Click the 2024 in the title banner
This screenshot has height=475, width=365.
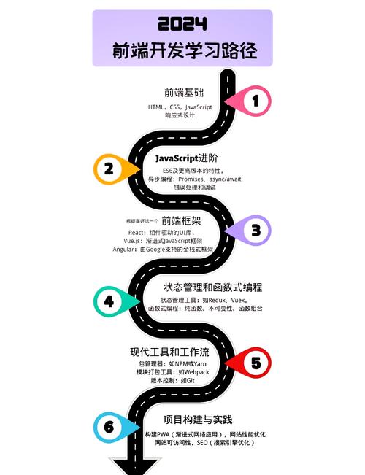pyautogui.click(x=182, y=23)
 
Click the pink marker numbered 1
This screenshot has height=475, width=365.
pyautogui.click(x=249, y=101)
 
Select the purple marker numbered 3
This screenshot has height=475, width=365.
pyautogui.click(x=248, y=231)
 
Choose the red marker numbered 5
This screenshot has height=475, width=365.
pyautogui.click(x=248, y=363)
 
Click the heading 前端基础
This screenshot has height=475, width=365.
pyautogui.click(x=184, y=93)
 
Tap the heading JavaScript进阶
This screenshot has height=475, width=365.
pyautogui.click(x=187, y=158)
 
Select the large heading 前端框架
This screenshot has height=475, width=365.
pyautogui.click(x=181, y=221)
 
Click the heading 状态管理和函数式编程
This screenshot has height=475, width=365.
pyautogui.click(x=213, y=287)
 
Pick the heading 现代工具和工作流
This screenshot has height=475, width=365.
pyautogui.click(x=170, y=352)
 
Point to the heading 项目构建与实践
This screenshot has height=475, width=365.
pyautogui.click(x=198, y=420)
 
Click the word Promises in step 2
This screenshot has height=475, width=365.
pyautogui.click(x=191, y=179)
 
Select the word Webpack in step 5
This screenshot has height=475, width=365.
pyautogui.click(x=196, y=372)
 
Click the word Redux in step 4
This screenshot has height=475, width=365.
pyautogui.click(x=218, y=300)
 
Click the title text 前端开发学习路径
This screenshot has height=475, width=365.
pyautogui.click(x=185, y=50)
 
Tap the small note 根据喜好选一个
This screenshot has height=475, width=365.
pyautogui.click(x=142, y=221)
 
